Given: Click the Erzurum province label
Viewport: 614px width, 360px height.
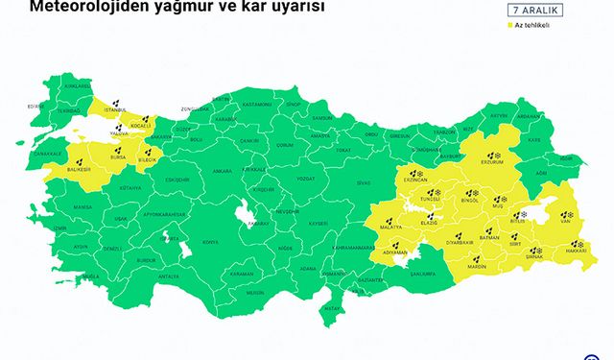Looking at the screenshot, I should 495,162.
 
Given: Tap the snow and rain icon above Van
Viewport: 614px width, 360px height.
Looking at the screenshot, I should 564,215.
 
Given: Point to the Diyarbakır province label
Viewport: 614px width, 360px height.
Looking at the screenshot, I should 463,245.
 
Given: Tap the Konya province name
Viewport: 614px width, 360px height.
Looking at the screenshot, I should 209,242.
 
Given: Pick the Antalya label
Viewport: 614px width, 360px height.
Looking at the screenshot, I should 168,276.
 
